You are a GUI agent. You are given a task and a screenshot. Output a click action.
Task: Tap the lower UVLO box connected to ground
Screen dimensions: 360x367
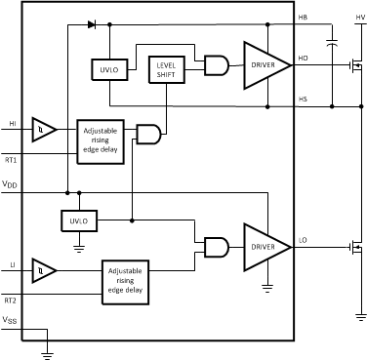(76, 221)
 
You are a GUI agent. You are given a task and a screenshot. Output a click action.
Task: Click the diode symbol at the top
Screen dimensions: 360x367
(91, 22)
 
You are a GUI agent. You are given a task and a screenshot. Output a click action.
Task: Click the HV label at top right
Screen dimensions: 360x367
(358, 18)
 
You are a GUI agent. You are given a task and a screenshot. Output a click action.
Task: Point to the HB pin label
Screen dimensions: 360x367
(303, 18)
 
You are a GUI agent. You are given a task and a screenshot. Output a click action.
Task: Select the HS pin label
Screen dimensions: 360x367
(303, 99)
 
